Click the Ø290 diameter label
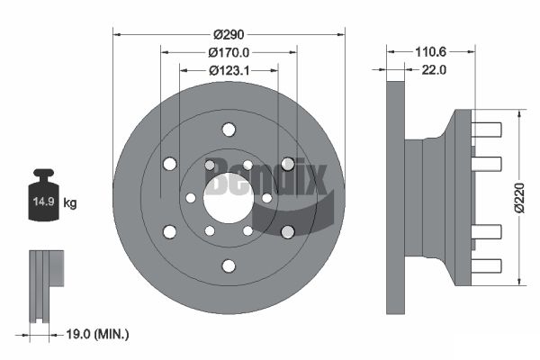tap(229, 35)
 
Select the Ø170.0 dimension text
tap(229, 53)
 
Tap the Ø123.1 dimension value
tap(229, 70)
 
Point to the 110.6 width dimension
tap(430, 52)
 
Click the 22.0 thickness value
tap(434, 70)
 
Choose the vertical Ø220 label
tap(520, 198)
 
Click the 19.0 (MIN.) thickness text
tap(97, 334)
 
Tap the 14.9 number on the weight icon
tap(44, 202)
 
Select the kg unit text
tap(70, 202)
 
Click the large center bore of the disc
tap(229, 198)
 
